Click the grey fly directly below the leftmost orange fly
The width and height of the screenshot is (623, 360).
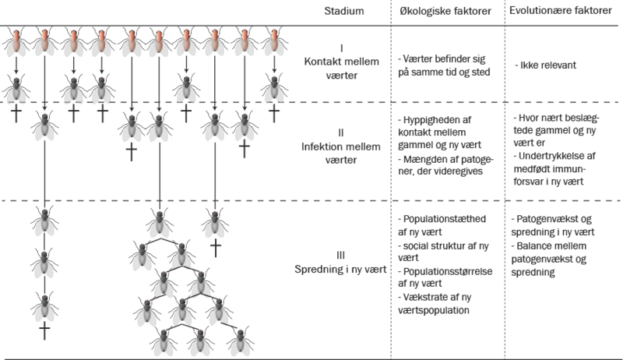point(15,90)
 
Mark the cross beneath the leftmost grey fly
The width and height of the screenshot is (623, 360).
point(15,114)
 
